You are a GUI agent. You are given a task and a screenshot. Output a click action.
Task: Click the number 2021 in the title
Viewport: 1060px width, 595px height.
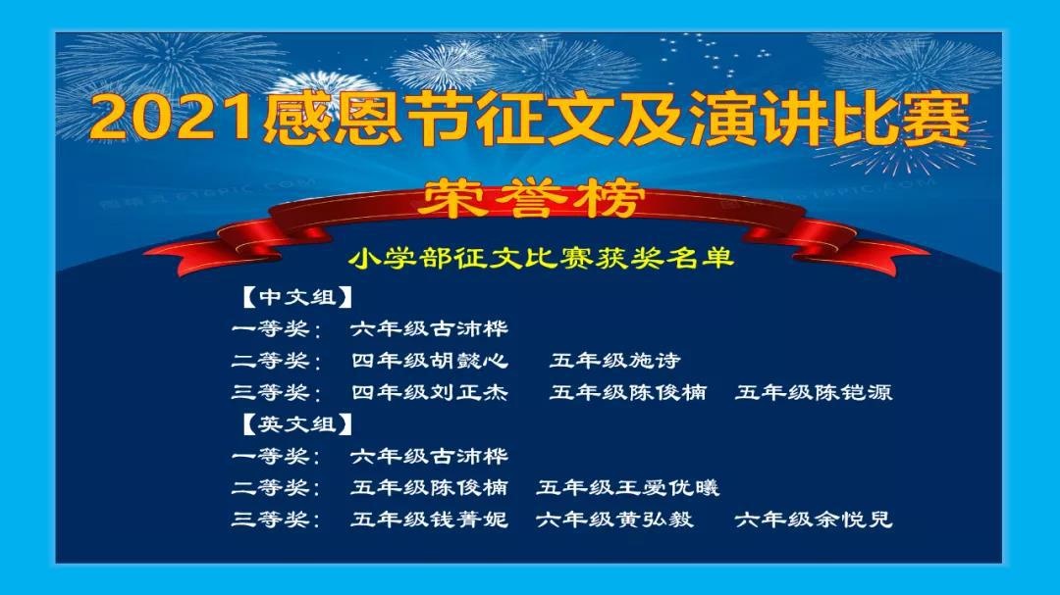175,120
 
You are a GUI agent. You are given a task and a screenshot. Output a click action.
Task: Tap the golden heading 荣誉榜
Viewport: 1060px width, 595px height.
530,199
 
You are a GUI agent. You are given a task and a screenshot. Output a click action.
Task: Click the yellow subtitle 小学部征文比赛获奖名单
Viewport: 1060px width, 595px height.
542,258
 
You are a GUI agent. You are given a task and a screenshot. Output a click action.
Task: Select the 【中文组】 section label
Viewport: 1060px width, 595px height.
297,297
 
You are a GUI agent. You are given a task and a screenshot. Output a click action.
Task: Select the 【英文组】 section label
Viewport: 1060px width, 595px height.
297,424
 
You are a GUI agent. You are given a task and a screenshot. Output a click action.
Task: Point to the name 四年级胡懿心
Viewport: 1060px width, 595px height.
429,361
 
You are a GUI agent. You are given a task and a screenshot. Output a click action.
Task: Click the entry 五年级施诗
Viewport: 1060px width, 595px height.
614,361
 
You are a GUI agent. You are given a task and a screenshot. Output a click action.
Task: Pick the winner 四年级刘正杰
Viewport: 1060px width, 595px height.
429,392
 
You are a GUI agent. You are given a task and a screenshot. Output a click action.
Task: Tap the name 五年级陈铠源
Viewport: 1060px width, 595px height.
814,392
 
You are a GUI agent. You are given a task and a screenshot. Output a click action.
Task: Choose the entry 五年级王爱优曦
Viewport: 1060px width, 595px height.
628,487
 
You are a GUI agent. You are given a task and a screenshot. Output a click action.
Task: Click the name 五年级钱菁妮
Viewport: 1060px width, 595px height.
429,520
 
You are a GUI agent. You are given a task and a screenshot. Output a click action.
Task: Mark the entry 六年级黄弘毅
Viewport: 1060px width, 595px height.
614,520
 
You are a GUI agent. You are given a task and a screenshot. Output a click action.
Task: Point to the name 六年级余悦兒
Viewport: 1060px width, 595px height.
814,520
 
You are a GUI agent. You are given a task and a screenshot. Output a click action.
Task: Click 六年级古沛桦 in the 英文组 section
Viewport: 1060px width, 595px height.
429,456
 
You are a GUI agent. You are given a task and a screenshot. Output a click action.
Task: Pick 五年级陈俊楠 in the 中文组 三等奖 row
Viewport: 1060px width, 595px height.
628,392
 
